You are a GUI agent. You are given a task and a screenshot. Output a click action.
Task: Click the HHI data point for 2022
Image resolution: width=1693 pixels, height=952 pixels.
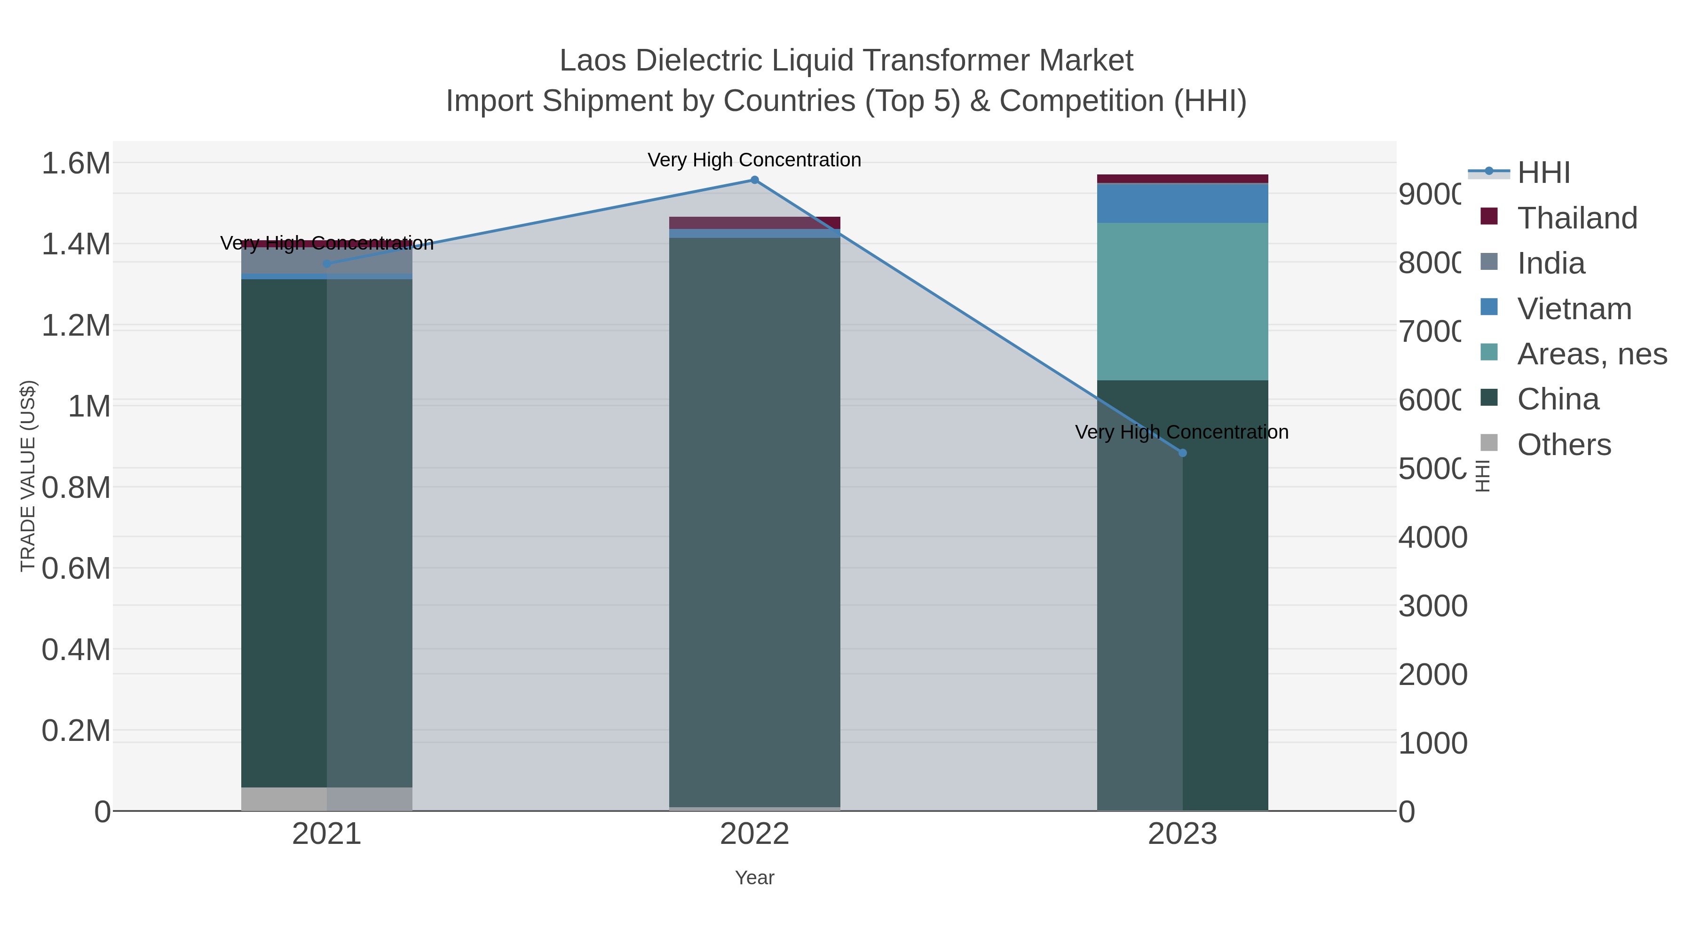(754, 180)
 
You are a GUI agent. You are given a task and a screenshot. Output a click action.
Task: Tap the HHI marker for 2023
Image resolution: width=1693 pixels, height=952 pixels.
(1182, 453)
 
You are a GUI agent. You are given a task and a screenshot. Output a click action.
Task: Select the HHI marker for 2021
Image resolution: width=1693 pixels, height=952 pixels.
(327, 263)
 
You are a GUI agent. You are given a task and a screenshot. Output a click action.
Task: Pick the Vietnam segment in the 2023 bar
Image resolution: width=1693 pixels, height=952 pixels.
(1182, 204)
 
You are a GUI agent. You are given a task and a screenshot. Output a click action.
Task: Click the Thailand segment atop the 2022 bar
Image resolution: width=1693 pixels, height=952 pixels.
(754, 223)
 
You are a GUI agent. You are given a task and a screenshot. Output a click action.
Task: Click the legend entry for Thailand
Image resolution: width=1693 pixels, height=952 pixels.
(1577, 218)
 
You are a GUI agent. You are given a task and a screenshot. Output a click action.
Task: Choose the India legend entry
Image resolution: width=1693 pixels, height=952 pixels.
(1551, 263)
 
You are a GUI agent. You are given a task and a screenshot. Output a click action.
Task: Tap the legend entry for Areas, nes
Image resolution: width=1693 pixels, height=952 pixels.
(1591, 354)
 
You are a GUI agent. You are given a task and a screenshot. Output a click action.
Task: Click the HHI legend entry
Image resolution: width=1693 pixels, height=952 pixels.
(1543, 173)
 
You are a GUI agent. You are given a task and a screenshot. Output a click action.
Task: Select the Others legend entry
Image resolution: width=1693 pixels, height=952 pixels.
(1564, 445)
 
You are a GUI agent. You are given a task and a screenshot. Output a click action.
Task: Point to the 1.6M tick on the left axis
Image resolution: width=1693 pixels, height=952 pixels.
(76, 163)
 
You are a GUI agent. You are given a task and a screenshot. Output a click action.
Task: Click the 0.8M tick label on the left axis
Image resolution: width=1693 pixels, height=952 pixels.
(76, 488)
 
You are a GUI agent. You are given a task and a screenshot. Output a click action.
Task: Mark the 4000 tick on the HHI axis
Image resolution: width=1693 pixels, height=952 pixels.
(1433, 537)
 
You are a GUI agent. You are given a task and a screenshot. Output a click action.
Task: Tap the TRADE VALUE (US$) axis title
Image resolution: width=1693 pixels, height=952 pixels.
(28, 476)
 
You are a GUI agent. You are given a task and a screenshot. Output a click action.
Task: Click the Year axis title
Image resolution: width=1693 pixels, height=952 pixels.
(754, 878)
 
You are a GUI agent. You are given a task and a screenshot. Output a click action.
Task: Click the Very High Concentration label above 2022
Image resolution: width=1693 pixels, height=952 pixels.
(754, 160)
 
